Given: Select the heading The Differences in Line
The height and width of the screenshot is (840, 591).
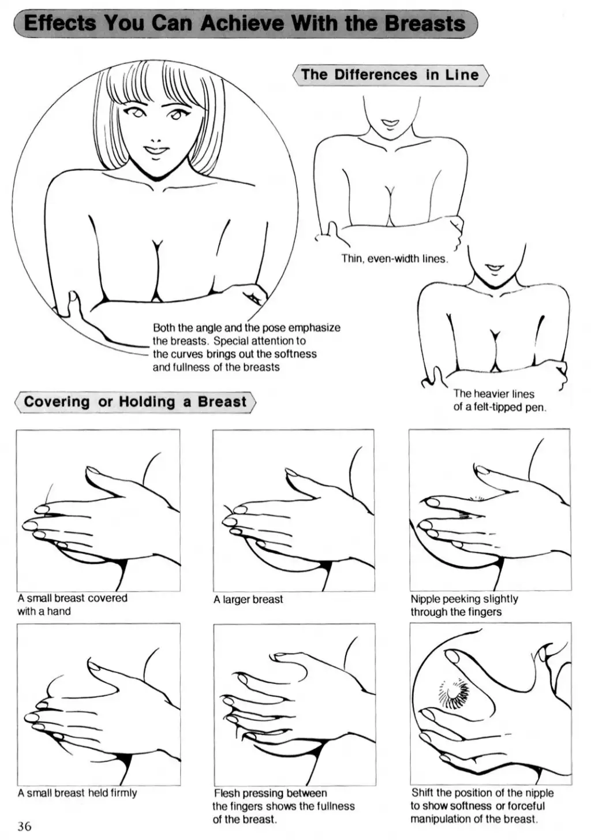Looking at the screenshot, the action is (x=390, y=74).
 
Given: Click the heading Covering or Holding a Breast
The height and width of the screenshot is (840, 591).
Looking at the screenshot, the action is (x=135, y=402).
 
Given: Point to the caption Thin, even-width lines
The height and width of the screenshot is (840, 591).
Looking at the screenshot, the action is (x=395, y=259).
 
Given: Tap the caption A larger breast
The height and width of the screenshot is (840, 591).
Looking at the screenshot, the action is (x=248, y=599).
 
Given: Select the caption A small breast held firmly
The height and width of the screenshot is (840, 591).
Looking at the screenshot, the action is (x=77, y=793).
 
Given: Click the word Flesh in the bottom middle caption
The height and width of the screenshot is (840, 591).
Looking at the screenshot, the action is (x=226, y=793).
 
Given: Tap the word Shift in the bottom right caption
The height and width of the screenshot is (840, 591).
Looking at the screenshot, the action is (x=422, y=793).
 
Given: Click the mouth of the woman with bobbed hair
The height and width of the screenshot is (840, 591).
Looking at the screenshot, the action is (x=154, y=150).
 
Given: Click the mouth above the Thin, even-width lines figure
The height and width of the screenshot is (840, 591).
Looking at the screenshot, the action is (x=390, y=122).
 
